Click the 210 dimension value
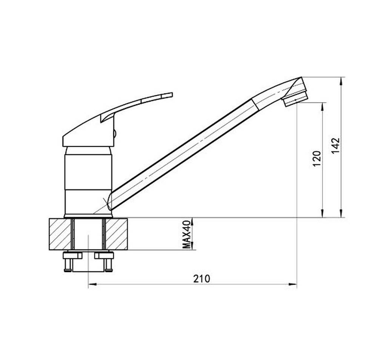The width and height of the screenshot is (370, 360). pos(201,279)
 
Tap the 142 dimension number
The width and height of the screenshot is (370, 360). pos(336,145)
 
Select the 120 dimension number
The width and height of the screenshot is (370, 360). pos(317,158)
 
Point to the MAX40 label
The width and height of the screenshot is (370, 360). pos(187,234)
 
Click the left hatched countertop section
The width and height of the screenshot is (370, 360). pos(60,234)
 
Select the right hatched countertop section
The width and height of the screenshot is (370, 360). pos(117,234)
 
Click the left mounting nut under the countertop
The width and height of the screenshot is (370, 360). pos(72,255)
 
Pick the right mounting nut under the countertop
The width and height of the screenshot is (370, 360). pos(104,255)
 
